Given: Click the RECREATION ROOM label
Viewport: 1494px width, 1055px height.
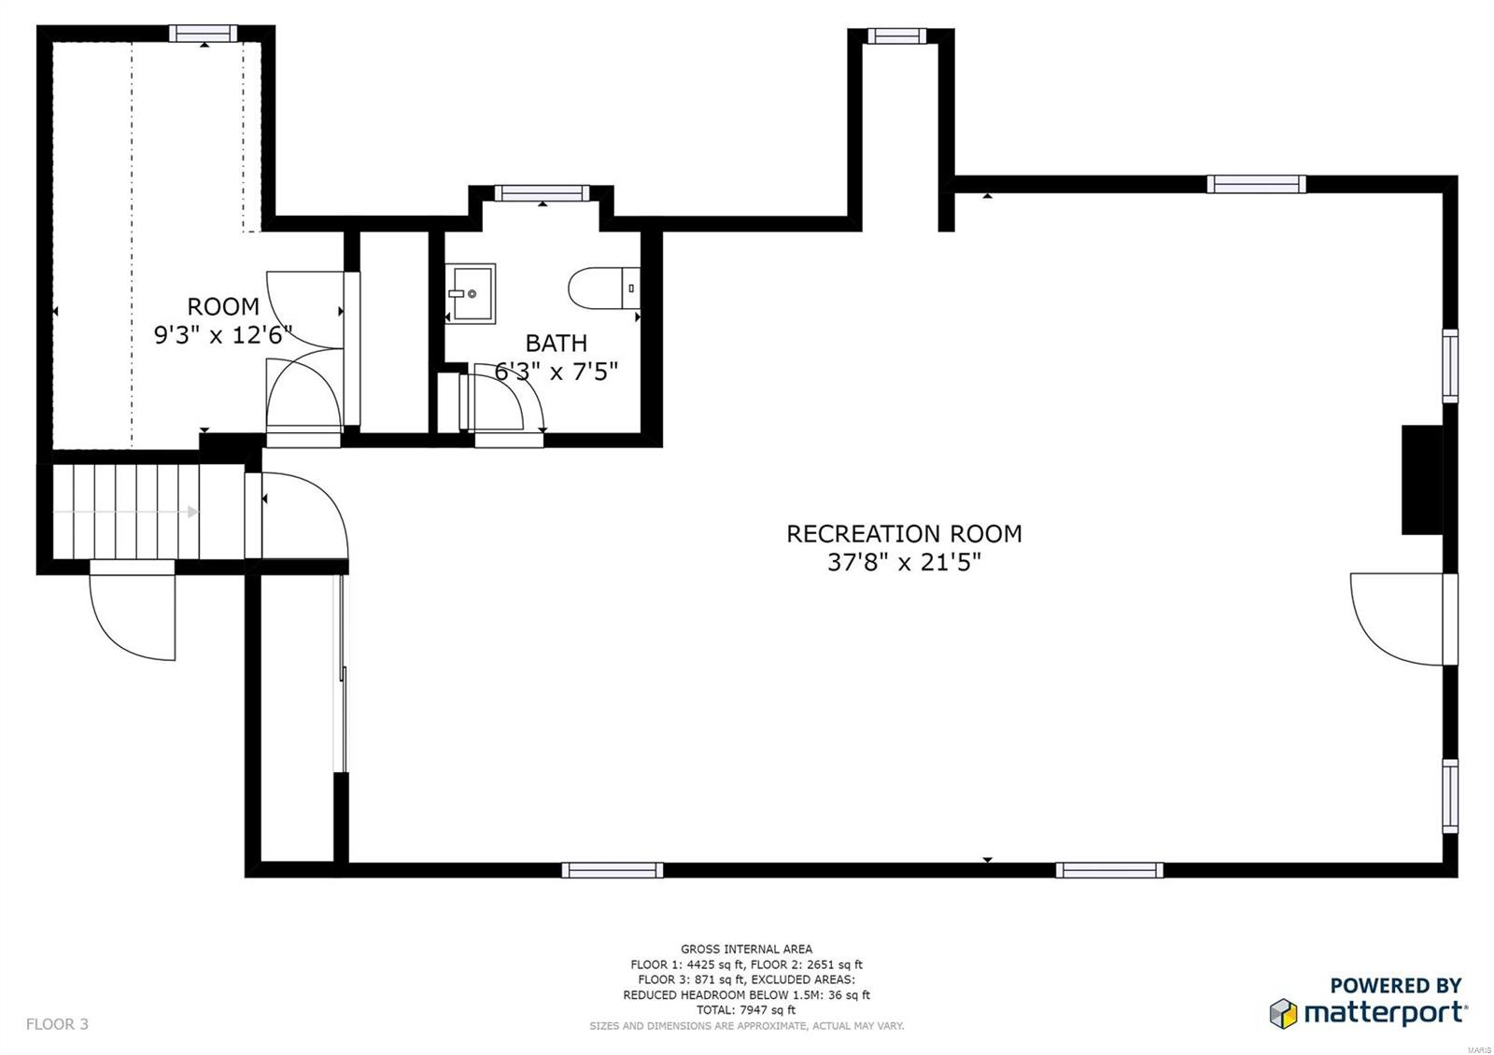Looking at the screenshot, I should (903, 534).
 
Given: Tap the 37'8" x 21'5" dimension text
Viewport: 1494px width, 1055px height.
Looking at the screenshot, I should (903, 562).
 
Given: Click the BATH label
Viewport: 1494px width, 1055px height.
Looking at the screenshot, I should (556, 343).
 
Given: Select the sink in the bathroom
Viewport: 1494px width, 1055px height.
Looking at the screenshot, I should (472, 293).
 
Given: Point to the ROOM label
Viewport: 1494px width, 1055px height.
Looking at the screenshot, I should (223, 306).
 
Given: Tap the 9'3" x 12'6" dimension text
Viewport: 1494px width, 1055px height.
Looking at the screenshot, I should (223, 334).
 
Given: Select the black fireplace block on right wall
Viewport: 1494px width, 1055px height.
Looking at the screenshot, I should (1422, 480).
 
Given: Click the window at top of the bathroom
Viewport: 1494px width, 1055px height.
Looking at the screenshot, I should (542, 193).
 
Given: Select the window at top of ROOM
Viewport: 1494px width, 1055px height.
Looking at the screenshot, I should (203, 34).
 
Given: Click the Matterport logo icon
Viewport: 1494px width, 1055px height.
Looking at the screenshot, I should (1284, 1013).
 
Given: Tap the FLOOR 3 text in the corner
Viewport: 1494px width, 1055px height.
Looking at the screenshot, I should (57, 1024).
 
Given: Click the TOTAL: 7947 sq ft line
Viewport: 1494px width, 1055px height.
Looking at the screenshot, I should (746, 1010).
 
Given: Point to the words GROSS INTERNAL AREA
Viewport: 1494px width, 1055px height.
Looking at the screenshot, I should (746, 949).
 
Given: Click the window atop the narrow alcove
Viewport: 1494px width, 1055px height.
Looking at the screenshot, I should (896, 36).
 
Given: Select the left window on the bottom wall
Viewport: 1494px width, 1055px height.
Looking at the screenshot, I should (613, 870).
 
